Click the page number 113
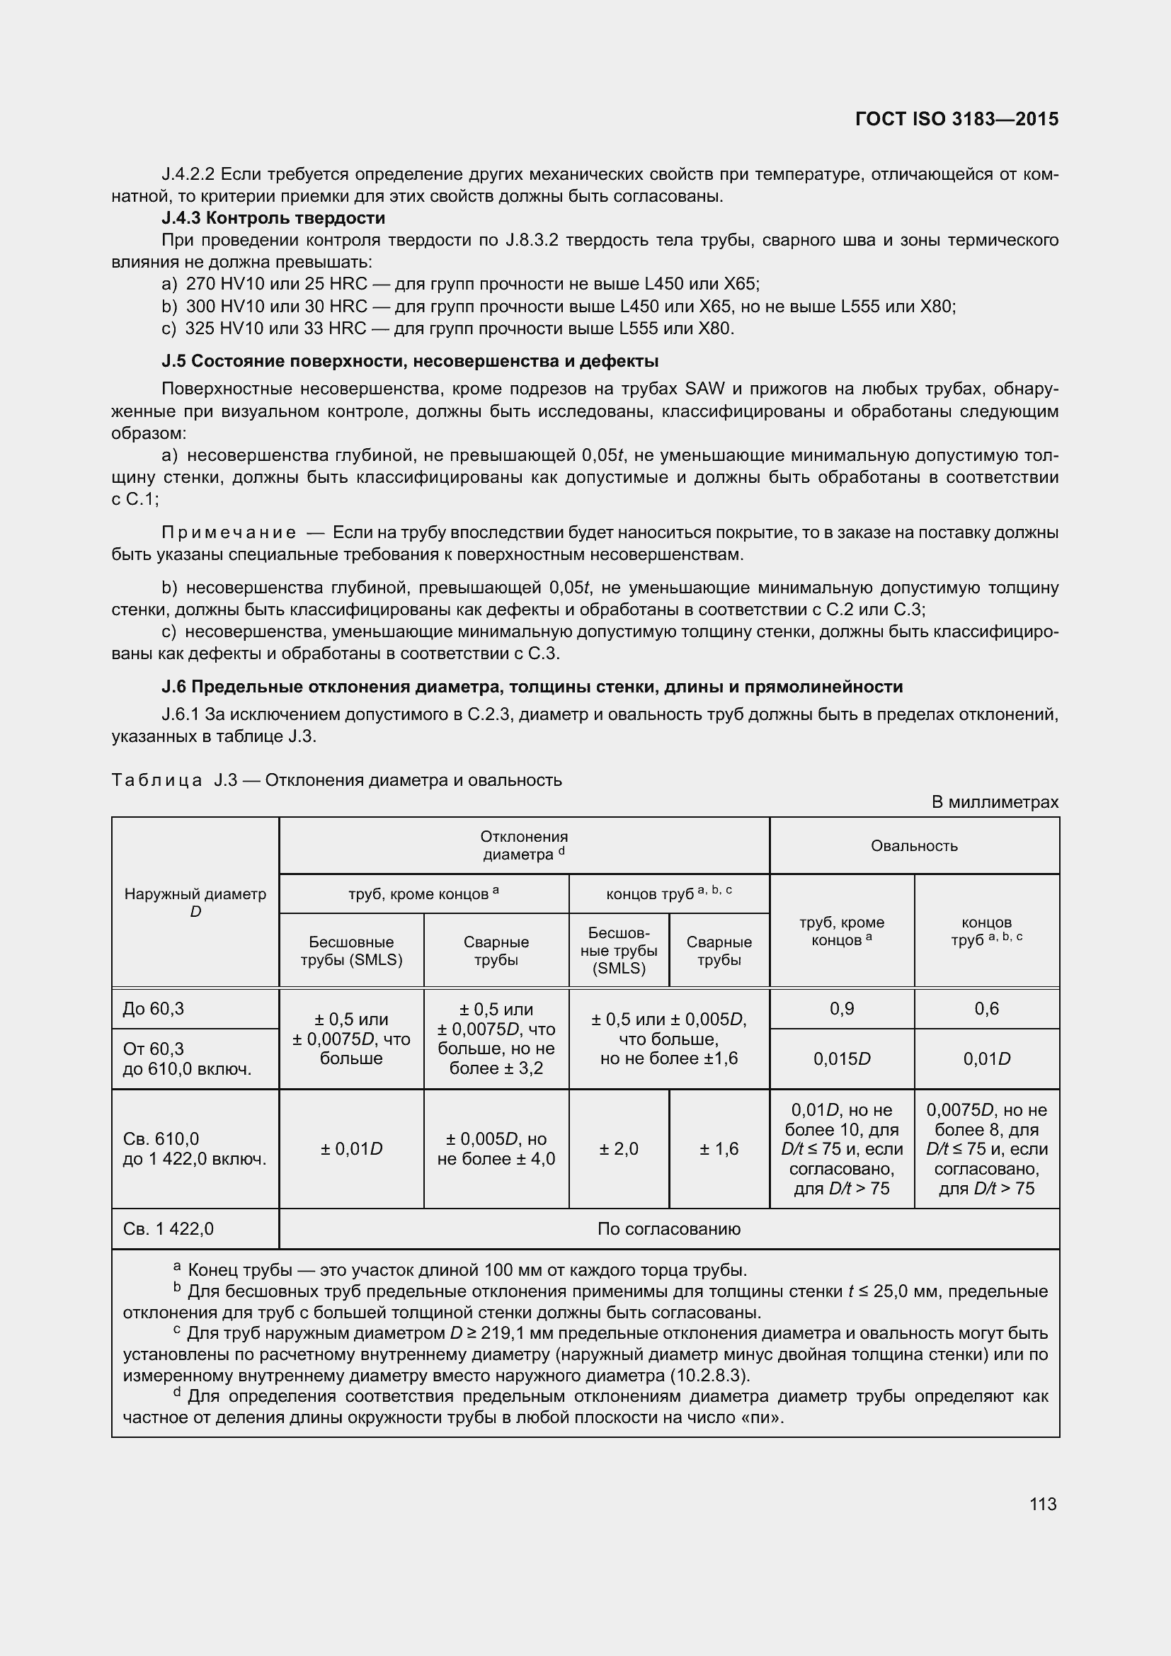[1043, 1504]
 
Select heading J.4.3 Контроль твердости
[273, 218]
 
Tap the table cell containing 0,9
[842, 1008]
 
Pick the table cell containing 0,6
[986, 1008]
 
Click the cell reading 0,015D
[842, 1058]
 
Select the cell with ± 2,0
[618, 1148]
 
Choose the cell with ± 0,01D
[351, 1148]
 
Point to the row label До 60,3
[153, 1008]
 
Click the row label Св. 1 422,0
[168, 1228]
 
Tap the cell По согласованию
[668, 1228]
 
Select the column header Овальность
[913, 845]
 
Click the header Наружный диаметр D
[195, 902]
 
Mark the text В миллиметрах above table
[994, 802]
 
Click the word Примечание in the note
[229, 533]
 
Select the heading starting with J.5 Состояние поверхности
[409, 360]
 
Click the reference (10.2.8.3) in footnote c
[709, 1375]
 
